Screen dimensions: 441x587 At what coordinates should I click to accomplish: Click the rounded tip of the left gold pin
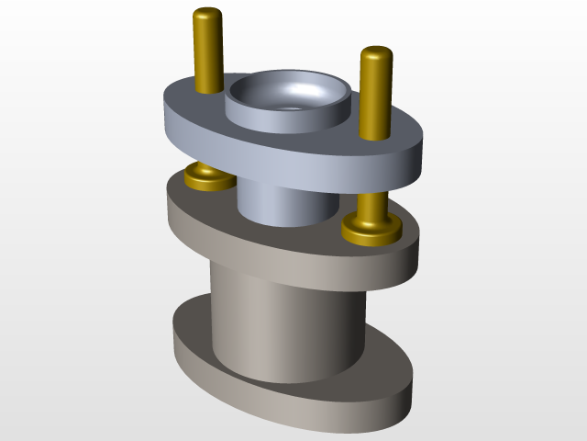click(x=208, y=15)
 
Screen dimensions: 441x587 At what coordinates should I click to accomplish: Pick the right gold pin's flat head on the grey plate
click(x=371, y=231)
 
